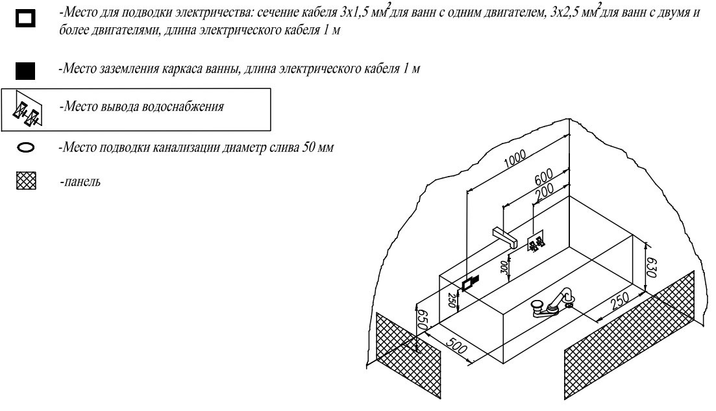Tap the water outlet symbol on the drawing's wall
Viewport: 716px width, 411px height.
(x=536, y=244)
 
